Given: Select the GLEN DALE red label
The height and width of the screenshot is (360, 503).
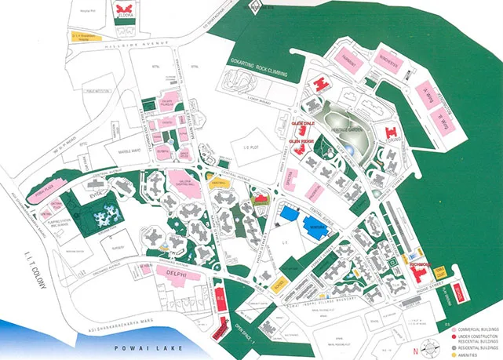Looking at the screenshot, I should point(302,123).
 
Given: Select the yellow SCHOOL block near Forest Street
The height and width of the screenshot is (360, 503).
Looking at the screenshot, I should point(280,285).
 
